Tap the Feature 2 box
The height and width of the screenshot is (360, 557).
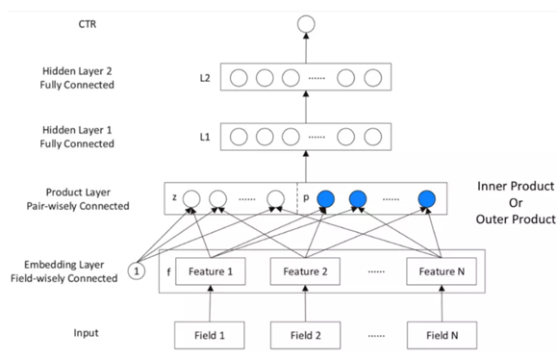[x=305, y=272]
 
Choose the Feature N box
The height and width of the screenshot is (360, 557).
[x=441, y=272]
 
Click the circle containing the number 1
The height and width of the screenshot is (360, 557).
[x=136, y=272]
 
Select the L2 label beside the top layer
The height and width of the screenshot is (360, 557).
[x=204, y=77]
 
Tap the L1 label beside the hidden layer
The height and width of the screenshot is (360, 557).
[x=204, y=137]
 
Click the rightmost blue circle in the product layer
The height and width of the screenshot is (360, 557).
[x=426, y=199]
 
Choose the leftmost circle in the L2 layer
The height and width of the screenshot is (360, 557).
[x=238, y=77]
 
